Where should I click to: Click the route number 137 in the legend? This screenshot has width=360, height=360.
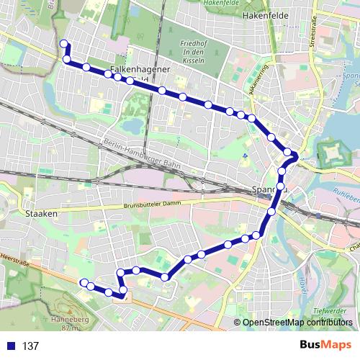(x=30, y=346)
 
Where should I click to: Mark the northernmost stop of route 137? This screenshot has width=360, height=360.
(x=63, y=43)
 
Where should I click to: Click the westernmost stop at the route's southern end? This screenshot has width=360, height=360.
(x=84, y=282)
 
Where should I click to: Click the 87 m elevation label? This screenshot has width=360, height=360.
(x=69, y=328)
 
